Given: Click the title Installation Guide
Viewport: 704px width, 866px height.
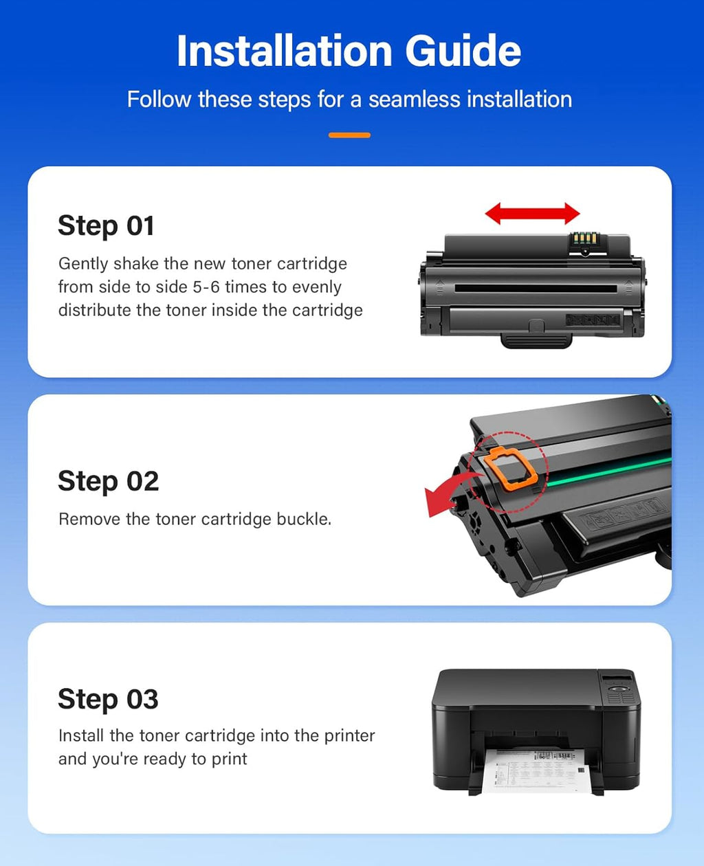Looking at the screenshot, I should coord(349,52).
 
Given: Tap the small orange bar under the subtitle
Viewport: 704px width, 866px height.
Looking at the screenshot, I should coord(349,135).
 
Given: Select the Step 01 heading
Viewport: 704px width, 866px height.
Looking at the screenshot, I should coord(106,226).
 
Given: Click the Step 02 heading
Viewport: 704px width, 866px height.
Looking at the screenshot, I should coord(108,481).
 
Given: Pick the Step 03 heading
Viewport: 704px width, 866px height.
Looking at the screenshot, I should coord(108,699).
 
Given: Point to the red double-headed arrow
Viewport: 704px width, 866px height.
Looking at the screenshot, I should coord(532,214).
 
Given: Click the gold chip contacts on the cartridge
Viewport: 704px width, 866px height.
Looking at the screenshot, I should coord(584,240).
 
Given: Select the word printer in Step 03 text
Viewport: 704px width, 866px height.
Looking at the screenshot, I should coord(349,736).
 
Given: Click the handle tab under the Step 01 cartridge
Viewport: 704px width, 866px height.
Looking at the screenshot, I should coord(536,340).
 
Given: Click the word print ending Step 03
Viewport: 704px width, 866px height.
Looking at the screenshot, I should coord(228,759).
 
